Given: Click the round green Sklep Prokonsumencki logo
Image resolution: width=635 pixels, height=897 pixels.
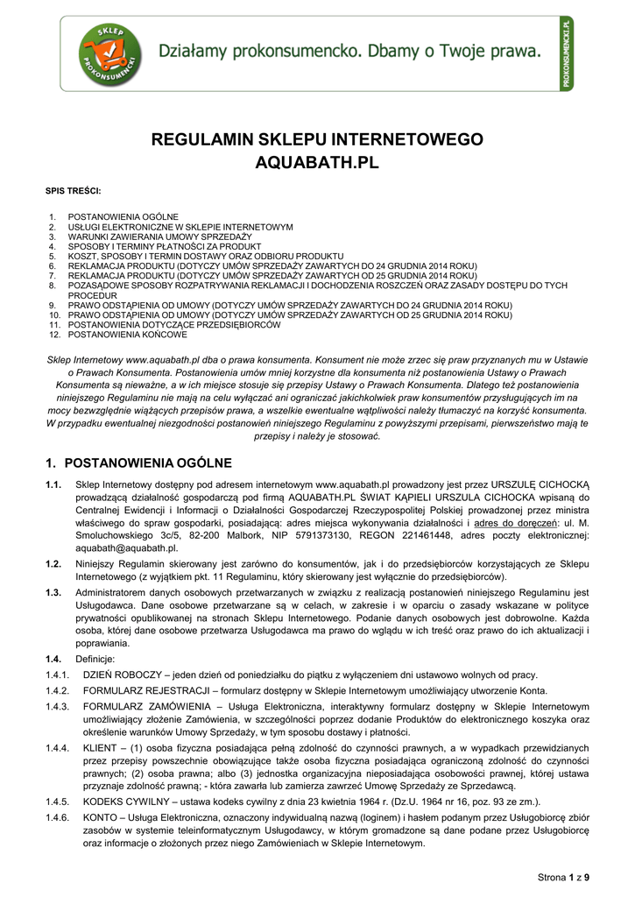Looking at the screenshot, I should (110, 55).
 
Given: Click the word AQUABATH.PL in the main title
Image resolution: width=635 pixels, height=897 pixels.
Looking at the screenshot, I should (316, 163).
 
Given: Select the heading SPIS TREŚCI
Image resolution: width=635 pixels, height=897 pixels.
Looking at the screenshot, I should (73, 191).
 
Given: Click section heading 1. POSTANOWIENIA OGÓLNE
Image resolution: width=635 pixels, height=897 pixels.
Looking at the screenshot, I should (138, 463).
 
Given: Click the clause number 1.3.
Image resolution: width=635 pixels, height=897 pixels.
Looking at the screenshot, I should (53, 593).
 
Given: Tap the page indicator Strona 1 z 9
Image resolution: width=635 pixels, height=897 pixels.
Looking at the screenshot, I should (563, 877).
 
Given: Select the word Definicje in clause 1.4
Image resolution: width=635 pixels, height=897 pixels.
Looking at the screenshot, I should (95, 659).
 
